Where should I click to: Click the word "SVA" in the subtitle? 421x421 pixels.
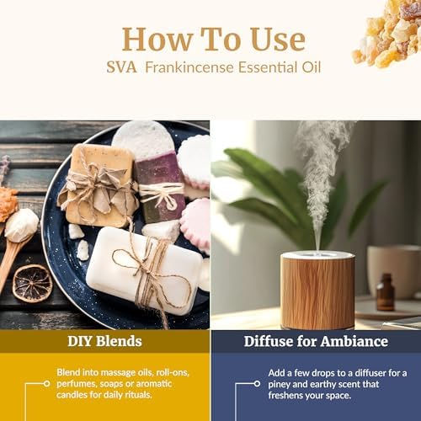pos(122,67)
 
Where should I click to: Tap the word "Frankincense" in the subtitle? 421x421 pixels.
pos(189,67)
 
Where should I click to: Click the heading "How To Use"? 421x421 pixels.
pos(214,39)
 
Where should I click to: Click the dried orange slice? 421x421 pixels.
pos(33,284)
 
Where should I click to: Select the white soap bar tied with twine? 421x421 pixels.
pos(144,269)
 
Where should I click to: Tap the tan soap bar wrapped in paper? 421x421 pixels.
pos(99,185)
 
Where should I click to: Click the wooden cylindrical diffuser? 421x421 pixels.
pos(317,290)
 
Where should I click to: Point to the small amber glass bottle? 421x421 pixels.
pos(386,292)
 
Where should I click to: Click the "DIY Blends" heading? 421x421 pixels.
pos(104,341)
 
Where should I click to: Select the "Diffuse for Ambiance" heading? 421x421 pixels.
pos(316,341)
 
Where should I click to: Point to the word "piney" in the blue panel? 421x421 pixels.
pos(279,384)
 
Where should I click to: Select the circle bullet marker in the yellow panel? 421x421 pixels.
pos(47,383)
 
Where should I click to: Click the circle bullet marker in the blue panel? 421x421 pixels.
pos(257,383)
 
